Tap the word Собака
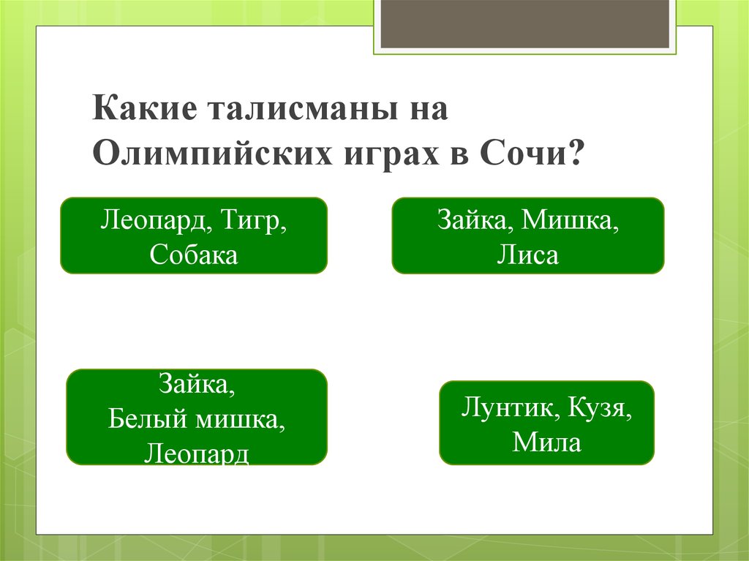[194, 255]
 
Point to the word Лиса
[527, 255]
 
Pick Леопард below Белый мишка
[197, 453]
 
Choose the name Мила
[546, 442]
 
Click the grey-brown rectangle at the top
[525, 24]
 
